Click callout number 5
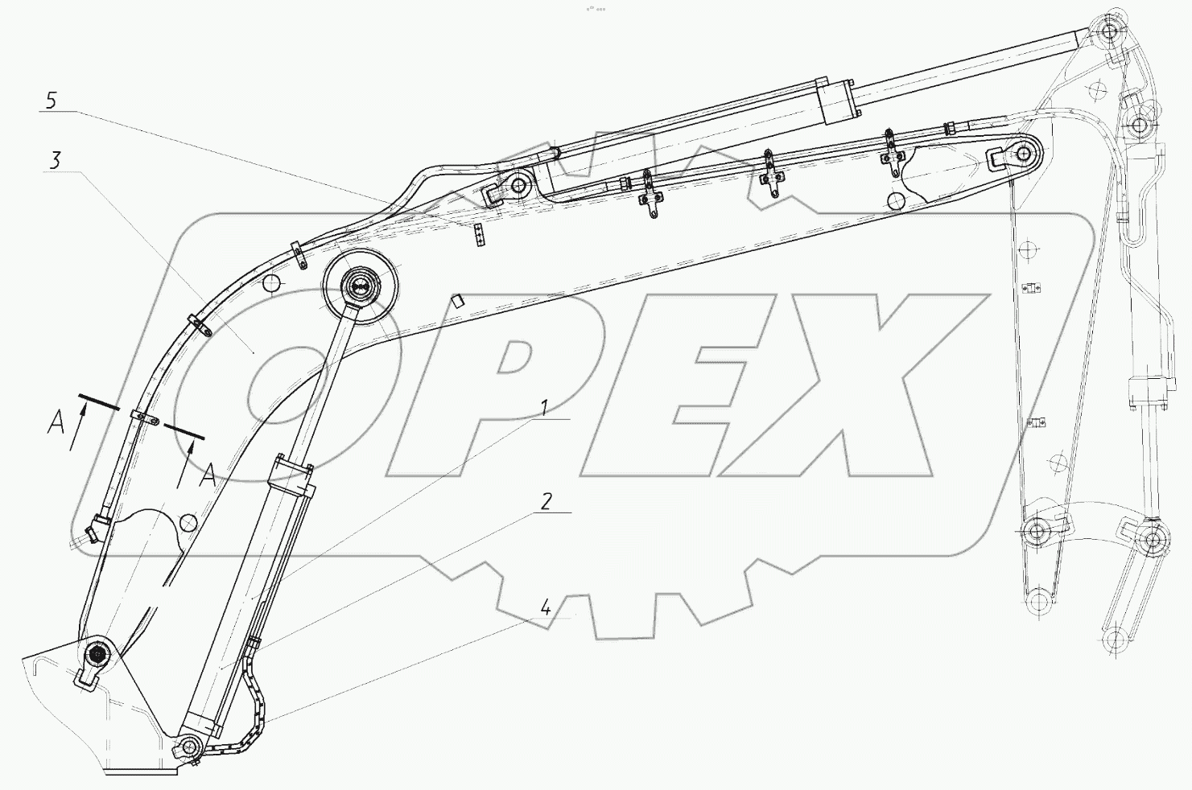[x=51, y=100]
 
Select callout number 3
[x=56, y=160]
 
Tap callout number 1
[x=544, y=409]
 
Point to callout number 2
[x=547, y=501]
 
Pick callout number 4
[x=546, y=607]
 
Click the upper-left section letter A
[x=56, y=424]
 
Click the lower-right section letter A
[x=208, y=475]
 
